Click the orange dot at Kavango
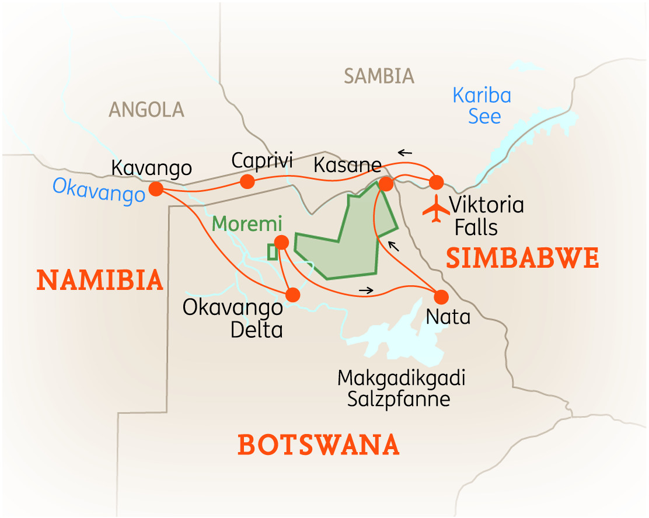pyautogui.click(x=156, y=189)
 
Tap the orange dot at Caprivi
pyautogui.click(x=247, y=181)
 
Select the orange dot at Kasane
pyautogui.click(x=386, y=184)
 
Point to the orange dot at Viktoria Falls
pyautogui.click(x=437, y=183)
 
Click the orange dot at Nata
pyautogui.click(x=441, y=296)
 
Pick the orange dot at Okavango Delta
pyautogui.click(x=292, y=295)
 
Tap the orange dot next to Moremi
pyautogui.click(x=281, y=242)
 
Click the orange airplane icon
pyautogui.click(x=435, y=209)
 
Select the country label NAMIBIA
pyautogui.click(x=100, y=280)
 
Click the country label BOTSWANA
pyautogui.click(x=319, y=445)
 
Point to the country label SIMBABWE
pyautogui.click(x=522, y=258)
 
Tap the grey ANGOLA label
pyautogui.click(x=146, y=109)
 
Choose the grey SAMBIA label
pyautogui.click(x=379, y=76)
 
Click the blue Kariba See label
pyautogui.click(x=483, y=106)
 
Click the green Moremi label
pyautogui.click(x=247, y=223)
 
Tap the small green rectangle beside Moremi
pyautogui.click(x=272, y=252)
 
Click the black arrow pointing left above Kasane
pyautogui.click(x=404, y=153)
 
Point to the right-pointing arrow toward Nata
pyautogui.click(x=365, y=289)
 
